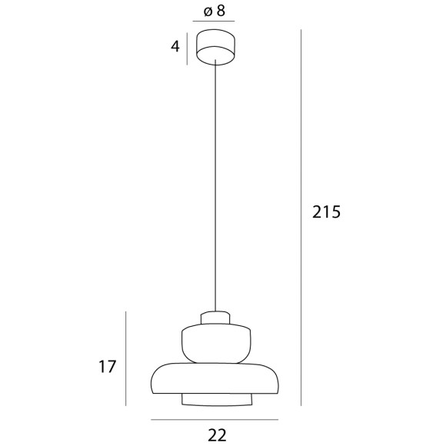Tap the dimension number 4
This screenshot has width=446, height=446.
(175, 47)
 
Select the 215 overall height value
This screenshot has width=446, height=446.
(325, 212)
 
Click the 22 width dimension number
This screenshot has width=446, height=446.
(218, 435)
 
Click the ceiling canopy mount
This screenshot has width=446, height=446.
(215, 46)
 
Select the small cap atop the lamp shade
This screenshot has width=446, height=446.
(215, 318)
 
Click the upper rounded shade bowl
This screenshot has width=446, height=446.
(215, 342)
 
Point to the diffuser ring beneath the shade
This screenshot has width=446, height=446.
(215, 399)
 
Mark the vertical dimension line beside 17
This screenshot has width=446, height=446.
(126, 358)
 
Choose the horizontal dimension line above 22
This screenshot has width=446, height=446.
(214, 420)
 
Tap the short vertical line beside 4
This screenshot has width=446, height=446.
(187, 48)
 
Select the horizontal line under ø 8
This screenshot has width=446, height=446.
(214, 24)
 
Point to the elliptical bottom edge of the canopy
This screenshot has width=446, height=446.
(215, 59)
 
